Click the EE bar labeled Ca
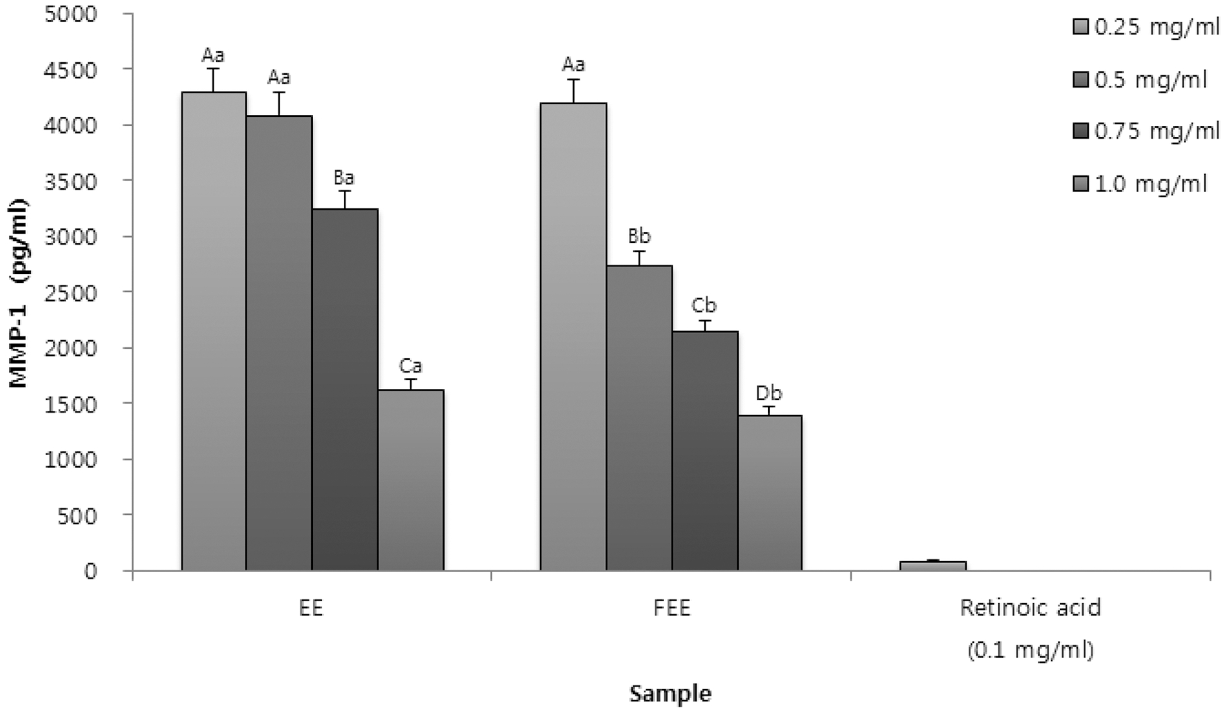point(410,480)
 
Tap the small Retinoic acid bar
point(933,566)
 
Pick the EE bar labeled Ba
point(345,390)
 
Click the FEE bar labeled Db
point(770,493)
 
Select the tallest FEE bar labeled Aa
point(574,338)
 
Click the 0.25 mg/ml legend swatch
point(1081,27)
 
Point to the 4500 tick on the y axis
point(72,69)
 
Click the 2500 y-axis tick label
point(72,292)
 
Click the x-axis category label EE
point(312,608)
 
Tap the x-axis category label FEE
point(672,608)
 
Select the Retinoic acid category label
point(1030,608)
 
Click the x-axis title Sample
point(671,693)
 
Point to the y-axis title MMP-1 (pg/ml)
point(19,293)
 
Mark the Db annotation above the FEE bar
point(769,393)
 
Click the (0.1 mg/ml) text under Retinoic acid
point(1030,650)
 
